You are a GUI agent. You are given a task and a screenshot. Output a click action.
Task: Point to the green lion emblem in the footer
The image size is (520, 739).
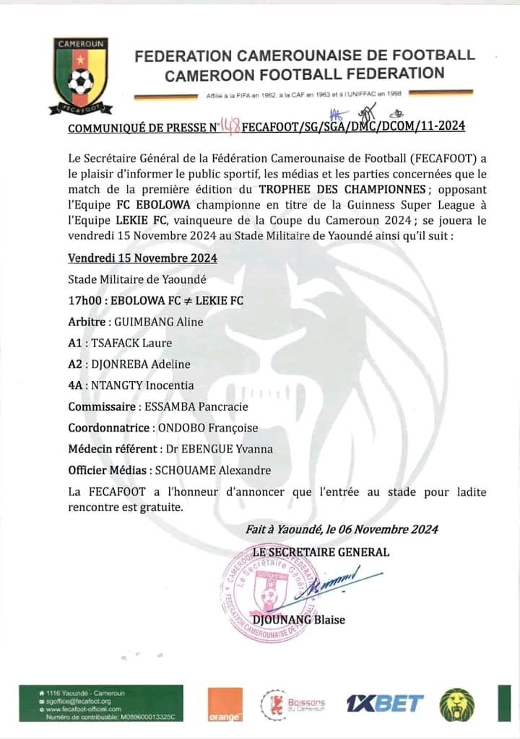[457, 704]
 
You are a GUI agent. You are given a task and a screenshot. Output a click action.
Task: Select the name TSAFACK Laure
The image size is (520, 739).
[131, 343]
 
